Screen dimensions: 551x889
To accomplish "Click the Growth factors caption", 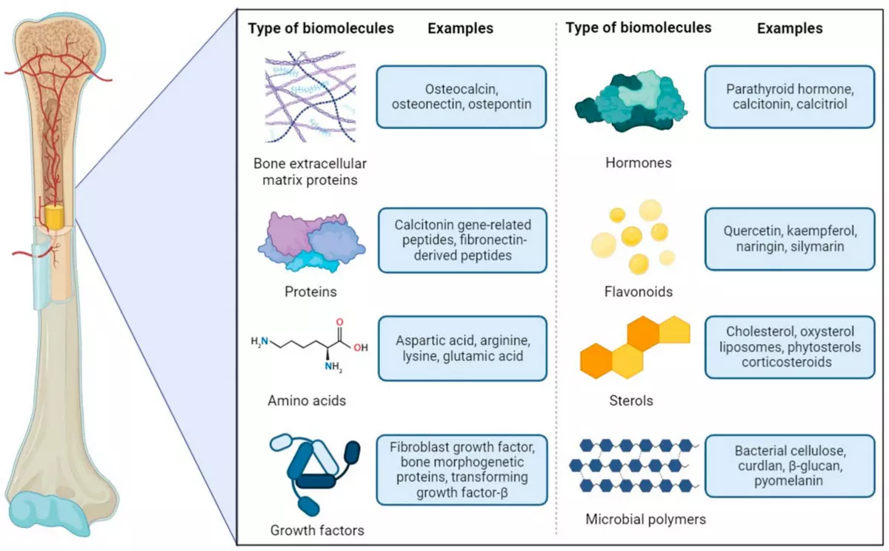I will pos(317,529).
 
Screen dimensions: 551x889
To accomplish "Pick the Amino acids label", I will pos(307,401).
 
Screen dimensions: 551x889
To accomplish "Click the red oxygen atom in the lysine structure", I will pos(340,323).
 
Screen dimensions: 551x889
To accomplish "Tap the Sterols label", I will pos(629,400).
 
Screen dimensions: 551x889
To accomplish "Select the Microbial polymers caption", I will pos(635,519).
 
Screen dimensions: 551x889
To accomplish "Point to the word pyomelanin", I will pos(790,482).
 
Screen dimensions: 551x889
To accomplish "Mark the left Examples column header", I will pos(460,29).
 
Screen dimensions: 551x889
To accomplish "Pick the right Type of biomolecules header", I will pos(638,27).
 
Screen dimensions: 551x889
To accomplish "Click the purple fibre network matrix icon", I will pos(310,101).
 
